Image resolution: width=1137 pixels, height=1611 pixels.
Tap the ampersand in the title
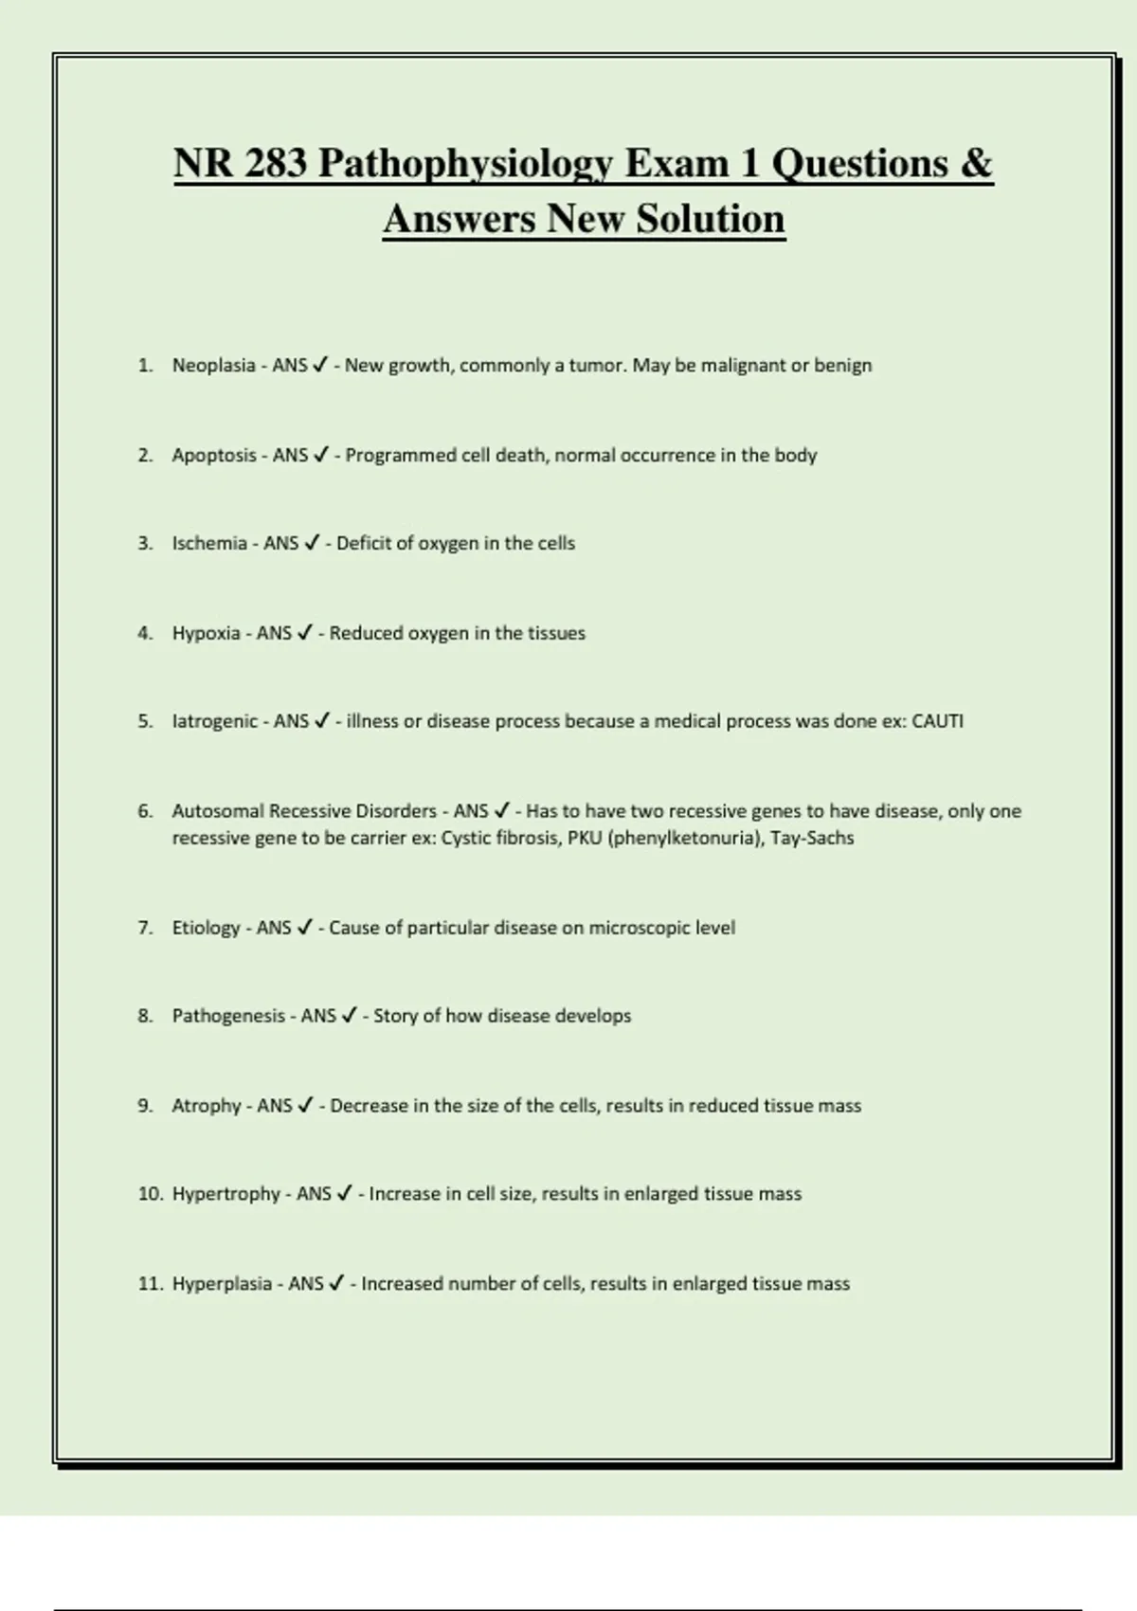click(976, 163)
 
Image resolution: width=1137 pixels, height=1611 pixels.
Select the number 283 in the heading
click(275, 163)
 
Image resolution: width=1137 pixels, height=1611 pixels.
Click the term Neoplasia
click(213, 366)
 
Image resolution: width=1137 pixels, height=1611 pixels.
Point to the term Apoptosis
click(214, 456)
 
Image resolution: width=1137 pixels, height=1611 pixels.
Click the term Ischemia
click(209, 544)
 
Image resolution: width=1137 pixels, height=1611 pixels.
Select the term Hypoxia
click(206, 633)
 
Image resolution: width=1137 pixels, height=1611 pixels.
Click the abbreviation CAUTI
click(937, 721)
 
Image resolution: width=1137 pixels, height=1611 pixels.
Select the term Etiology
click(206, 928)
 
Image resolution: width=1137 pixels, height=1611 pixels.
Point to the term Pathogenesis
click(228, 1016)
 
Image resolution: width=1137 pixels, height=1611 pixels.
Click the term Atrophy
click(206, 1106)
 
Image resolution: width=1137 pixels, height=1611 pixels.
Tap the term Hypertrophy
click(226, 1194)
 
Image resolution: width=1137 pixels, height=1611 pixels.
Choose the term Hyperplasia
click(222, 1284)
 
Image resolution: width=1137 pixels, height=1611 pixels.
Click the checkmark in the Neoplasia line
click(320, 366)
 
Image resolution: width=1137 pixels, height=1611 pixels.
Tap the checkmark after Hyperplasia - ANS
click(336, 1284)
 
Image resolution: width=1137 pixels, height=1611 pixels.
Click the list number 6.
click(145, 811)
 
